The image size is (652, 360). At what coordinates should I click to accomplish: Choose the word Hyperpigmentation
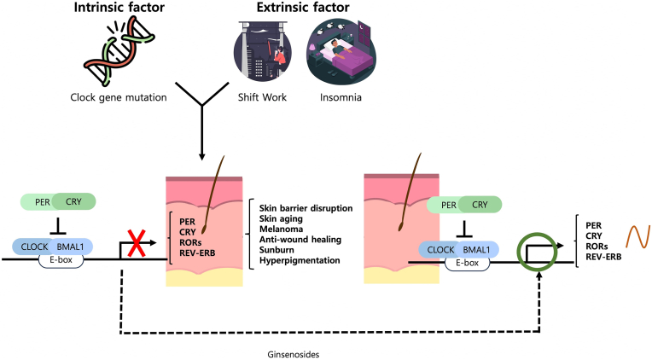point(300,260)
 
